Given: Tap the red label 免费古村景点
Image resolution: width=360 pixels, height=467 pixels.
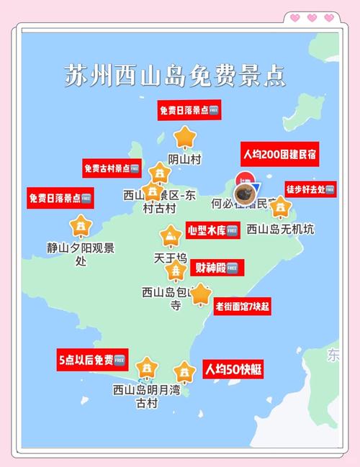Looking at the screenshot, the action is (x=112, y=168).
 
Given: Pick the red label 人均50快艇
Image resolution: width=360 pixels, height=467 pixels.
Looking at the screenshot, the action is (x=233, y=370).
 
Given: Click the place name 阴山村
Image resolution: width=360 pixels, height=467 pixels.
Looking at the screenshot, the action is (x=184, y=160).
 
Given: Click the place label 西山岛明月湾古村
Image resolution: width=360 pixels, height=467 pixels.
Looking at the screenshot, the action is (x=146, y=396).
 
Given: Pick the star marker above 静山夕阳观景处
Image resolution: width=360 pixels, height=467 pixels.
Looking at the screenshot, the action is (x=81, y=225).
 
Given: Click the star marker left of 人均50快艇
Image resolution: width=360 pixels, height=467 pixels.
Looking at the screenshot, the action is (x=185, y=372).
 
